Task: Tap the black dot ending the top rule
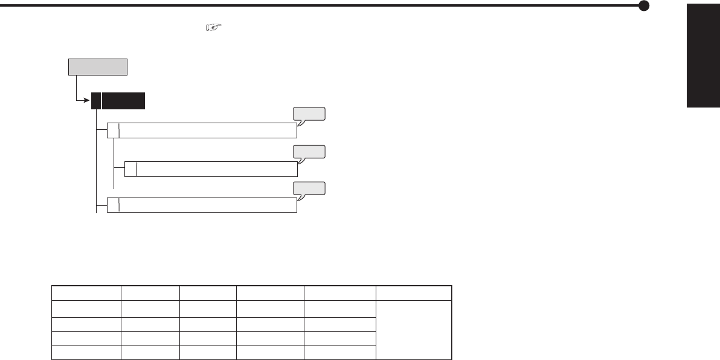(644, 6)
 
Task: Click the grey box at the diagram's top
(98, 66)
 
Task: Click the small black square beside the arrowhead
(95, 100)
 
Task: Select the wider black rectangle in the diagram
(123, 100)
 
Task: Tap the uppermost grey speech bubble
(309, 114)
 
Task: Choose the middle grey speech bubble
(309, 151)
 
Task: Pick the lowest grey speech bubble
(309, 188)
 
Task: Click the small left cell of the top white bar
(113, 130)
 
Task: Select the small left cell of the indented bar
(130, 169)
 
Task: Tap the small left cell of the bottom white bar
(113, 205)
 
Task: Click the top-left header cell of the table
(86, 293)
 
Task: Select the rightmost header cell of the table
(414, 293)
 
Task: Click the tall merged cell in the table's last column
(414, 329)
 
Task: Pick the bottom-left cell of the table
(86, 352)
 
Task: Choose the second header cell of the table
(150, 293)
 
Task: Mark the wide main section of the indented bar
(217, 169)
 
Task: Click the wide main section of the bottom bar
(208, 205)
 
